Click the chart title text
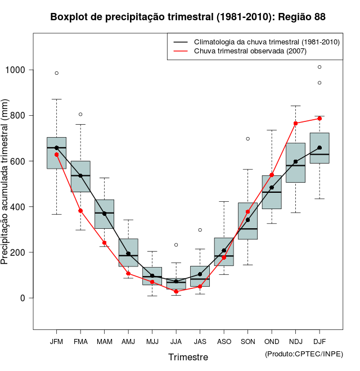188,17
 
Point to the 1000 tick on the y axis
17,70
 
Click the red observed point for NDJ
296,123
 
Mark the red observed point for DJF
319,119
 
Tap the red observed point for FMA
80,211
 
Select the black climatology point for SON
248,204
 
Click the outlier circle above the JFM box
56,73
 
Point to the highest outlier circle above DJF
319,67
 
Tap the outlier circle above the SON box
248,138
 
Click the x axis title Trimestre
188,357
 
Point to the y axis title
6,182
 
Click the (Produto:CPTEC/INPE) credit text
304,354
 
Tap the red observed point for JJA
176,291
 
